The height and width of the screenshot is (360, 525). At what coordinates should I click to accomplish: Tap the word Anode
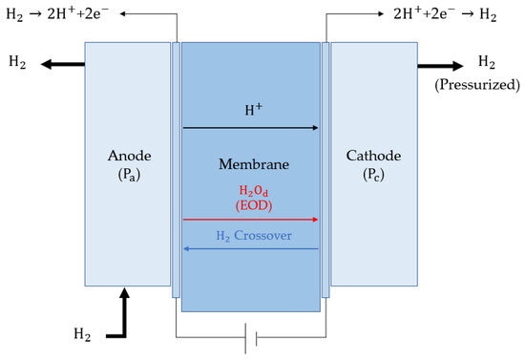(x=127, y=157)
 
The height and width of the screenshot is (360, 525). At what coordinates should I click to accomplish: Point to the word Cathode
(x=373, y=157)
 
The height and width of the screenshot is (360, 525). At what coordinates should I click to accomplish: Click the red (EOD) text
(x=250, y=205)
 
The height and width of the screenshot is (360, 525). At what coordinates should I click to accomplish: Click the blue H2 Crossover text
(x=250, y=235)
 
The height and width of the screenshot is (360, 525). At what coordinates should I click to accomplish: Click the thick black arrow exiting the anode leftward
(x=62, y=64)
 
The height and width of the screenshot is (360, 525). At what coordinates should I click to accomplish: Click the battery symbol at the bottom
(x=250, y=338)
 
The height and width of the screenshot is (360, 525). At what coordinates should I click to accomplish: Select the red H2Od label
(x=250, y=189)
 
